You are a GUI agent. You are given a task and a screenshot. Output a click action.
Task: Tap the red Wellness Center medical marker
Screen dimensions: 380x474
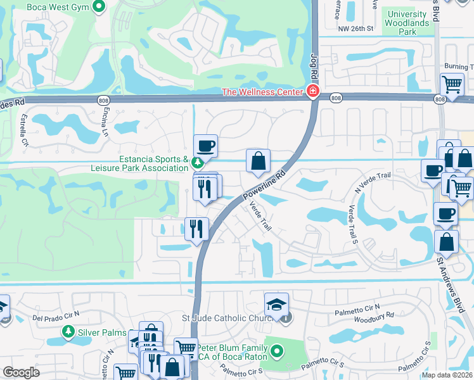pyautogui.click(x=312, y=92)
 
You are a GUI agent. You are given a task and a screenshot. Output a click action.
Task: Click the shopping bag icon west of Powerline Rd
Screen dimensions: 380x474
pyautogui.click(x=258, y=161)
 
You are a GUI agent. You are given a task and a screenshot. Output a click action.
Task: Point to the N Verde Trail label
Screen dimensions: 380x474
pyautogui.click(x=373, y=184)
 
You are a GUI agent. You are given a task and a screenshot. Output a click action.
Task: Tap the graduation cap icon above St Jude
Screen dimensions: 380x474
pyautogui.click(x=276, y=305)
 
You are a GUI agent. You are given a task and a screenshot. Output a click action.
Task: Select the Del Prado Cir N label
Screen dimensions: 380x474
pyautogui.click(x=56, y=315)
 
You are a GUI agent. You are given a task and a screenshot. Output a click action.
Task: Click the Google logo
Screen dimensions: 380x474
pyautogui.click(x=21, y=372)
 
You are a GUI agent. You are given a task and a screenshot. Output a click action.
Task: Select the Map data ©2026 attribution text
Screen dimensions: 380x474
pyautogui.click(x=447, y=375)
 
